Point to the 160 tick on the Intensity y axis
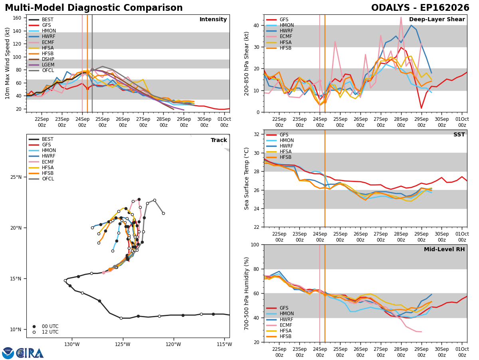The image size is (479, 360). [x=17, y=18]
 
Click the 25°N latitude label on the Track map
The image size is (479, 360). [x=16, y=177]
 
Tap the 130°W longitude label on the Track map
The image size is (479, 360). [x=72, y=344]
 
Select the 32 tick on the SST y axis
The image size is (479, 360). [x=257, y=134]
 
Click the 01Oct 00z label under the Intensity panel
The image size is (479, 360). [x=224, y=122]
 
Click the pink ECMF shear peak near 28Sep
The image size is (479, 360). [x=401, y=17]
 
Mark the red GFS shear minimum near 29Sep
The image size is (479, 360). [x=421, y=108]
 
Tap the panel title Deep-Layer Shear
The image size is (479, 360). [x=437, y=20]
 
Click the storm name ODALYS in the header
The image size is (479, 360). [x=390, y=8]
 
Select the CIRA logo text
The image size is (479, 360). [x=30, y=353]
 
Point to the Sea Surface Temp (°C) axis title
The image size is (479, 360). [x=246, y=178]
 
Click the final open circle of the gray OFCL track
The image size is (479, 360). [x=163, y=213]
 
